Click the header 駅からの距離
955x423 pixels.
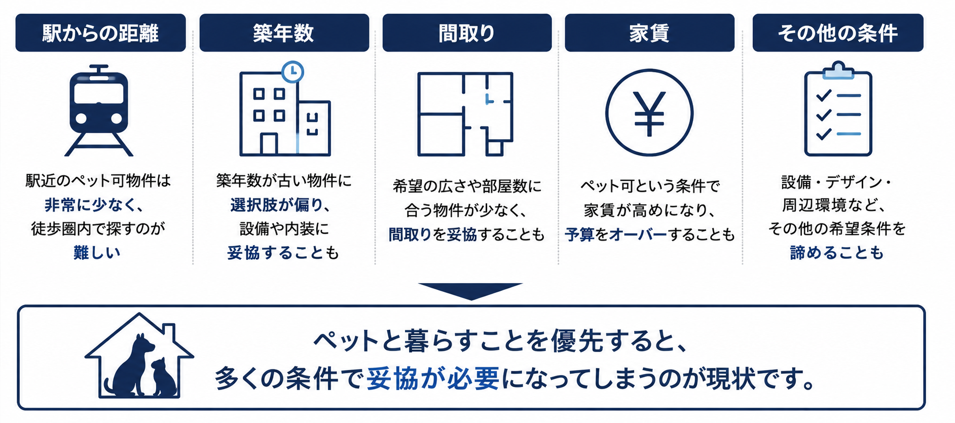(x=100, y=33)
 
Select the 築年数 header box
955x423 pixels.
(x=284, y=33)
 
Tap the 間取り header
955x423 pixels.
(x=467, y=33)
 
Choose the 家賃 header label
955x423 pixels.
(x=649, y=33)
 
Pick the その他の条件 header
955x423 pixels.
(x=838, y=33)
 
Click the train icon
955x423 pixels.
(x=99, y=110)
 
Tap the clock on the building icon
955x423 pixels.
(x=292, y=72)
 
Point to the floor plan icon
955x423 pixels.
(x=465, y=114)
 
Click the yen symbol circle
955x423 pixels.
(x=649, y=112)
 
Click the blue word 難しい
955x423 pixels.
(x=97, y=252)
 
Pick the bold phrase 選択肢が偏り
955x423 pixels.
(x=276, y=205)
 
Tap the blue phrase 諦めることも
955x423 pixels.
(x=837, y=252)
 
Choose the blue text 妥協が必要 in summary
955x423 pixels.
(x=433, y=378)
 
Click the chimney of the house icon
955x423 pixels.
(x=169, y=332)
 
